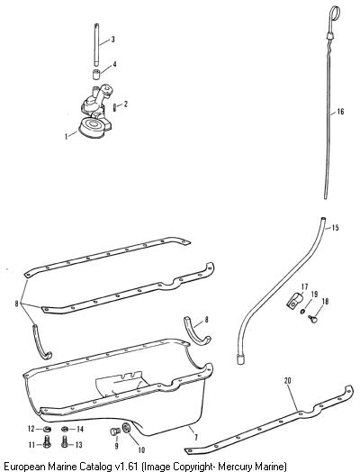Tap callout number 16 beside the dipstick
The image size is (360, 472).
coord(340,112)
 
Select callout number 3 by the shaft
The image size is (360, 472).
coord(112,39)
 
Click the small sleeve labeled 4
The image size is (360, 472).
coord(96,75)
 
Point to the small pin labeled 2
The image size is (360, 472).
coord(114,107)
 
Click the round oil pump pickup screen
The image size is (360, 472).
coord(93,127)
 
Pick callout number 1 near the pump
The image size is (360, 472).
coord(67,136)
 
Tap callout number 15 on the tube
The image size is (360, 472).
coord(335,228)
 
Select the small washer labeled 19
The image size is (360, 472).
coord(302,312)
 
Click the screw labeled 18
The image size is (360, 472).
coord(312,319)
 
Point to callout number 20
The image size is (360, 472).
coord(287,381)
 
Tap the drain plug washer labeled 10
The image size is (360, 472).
coord(126,427)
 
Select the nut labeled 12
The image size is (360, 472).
coord(47,429)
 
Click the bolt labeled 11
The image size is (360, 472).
coord(47,442)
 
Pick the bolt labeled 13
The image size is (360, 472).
coord(64,442)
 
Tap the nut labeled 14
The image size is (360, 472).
coord(65,429)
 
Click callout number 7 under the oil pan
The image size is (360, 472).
coord(196,438)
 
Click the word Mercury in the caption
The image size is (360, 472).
coord(234,467)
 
